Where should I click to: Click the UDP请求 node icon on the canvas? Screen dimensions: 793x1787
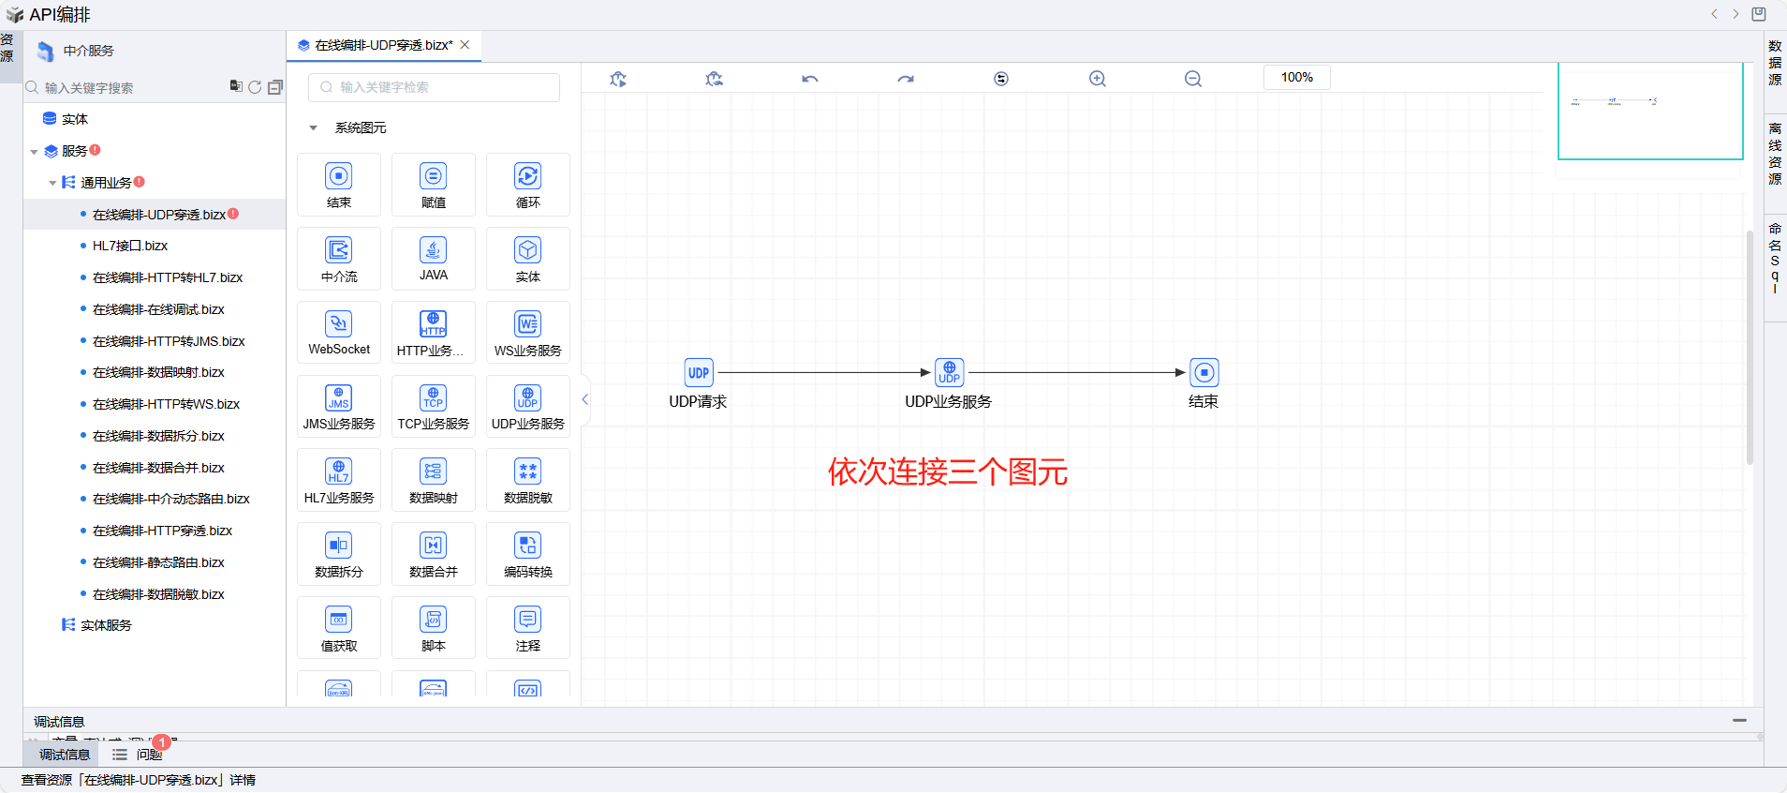pos(699,372)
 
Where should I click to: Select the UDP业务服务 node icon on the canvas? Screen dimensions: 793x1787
pos(949,372)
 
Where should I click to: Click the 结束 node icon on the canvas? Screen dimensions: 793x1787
pos(1204,372)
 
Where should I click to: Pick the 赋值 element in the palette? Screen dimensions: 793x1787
pos(433,185)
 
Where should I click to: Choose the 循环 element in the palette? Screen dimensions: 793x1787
pos(527,185)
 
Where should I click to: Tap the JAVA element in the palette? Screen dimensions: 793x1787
pos(433,258)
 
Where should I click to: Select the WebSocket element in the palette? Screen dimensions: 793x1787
pos(339,332)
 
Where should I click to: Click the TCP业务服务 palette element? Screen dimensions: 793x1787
pos(433,406)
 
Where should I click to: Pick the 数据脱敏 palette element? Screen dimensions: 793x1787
pos(527,480)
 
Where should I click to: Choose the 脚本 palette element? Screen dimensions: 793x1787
pos(433,628)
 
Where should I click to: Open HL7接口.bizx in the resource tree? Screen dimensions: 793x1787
pos(130,246)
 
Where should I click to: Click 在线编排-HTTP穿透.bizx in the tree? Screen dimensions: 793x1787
pos(162,531)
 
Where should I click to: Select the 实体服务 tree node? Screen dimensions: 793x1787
pos(106,625)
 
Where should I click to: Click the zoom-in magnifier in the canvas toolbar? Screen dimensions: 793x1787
pos(1098,79)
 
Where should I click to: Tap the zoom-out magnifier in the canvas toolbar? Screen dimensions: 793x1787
pos(1193,79)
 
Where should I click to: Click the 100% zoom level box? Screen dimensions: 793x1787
pos(1296,77)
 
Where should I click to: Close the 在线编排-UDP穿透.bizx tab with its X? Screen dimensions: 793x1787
pos(465,44)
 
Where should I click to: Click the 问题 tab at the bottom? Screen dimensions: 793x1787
pos(148,755)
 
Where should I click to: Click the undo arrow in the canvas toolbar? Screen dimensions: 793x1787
pos(810,79)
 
